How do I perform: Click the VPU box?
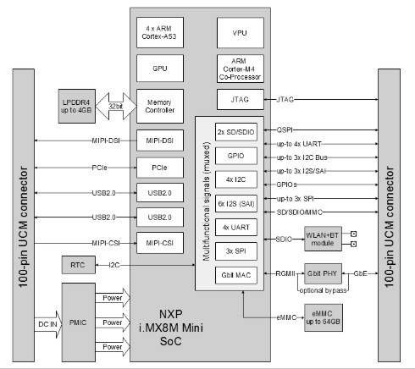tap(241, 33)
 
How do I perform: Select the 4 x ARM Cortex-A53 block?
tap(160, 32)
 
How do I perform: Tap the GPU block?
tap(160, 69)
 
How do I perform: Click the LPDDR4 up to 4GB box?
tap(77, 106)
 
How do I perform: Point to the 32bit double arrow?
tap(116, 106)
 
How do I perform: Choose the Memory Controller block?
tap(160, 106)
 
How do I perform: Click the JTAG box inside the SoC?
tap(241, 99)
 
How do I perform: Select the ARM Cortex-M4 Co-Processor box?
tap(241, 69)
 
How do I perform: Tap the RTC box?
tap(79, 265)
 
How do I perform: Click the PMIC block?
tap(79, 322)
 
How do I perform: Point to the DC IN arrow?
tap(48, 324)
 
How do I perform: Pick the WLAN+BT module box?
tap(323, 239)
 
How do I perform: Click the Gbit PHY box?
tap(323, 273)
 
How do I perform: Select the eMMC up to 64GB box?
tap(324, 317)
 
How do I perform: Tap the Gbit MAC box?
tap(236, 275)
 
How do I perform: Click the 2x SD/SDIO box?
tap(236, 132)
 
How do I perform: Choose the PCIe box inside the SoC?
tap(160, 168)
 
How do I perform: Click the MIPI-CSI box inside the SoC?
tap(160, 243)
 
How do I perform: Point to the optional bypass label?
tap(323, 290)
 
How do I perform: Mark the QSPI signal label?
tap(285, 129)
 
